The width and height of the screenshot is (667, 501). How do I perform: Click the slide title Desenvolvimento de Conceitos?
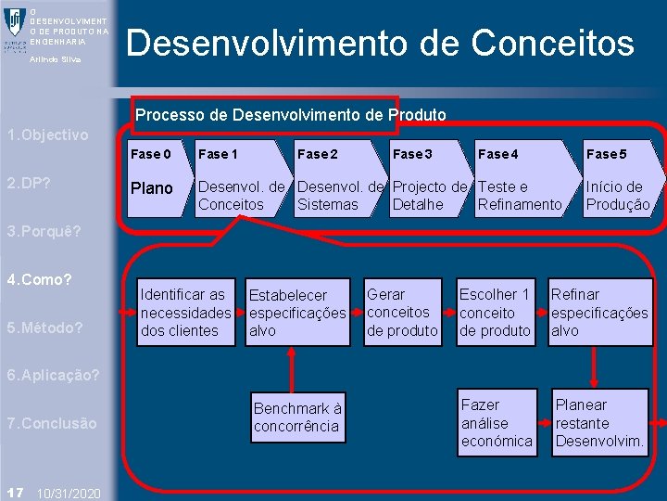pyautogui.click(x=380, y=44)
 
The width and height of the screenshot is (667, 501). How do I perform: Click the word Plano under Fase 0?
pyautogui.click(x=151, y=188)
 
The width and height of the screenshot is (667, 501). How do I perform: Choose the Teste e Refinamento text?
pyautogui.click(x=519, y=196)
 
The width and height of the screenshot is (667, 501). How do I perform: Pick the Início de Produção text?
pyautogui.click(x=617, y=196)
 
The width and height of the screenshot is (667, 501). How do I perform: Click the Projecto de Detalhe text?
pyautogui.click(x=429, y=196)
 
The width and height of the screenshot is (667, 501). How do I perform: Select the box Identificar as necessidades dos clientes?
pyautogui.click(x=185, y=313)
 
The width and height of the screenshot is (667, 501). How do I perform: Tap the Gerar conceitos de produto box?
pyautogui.click(x=402, y=313)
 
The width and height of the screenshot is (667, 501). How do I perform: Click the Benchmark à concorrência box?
pyautogui.click(x=297, y=417)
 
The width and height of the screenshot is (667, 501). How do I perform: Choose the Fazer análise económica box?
pyautogui.click(x=497, y=423)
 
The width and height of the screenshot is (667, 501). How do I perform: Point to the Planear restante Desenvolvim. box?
pyautogui.click(x=598, y=423)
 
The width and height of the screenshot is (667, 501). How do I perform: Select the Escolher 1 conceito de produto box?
pyautogui.click(x=496, y=313)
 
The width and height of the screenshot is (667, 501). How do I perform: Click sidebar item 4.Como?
pyautogui.click(x=40, y=279)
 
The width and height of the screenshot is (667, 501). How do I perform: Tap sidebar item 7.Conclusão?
pyautogui.click(x=51, y=423)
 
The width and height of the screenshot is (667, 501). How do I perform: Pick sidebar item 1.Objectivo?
pyautogui.click(x=47, y=135)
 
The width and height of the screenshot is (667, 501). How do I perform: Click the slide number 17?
pyautogui.click(x=14, y=490)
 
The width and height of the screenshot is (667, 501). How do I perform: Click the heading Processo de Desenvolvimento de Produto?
pyautogui.click(x=291, y=115)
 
